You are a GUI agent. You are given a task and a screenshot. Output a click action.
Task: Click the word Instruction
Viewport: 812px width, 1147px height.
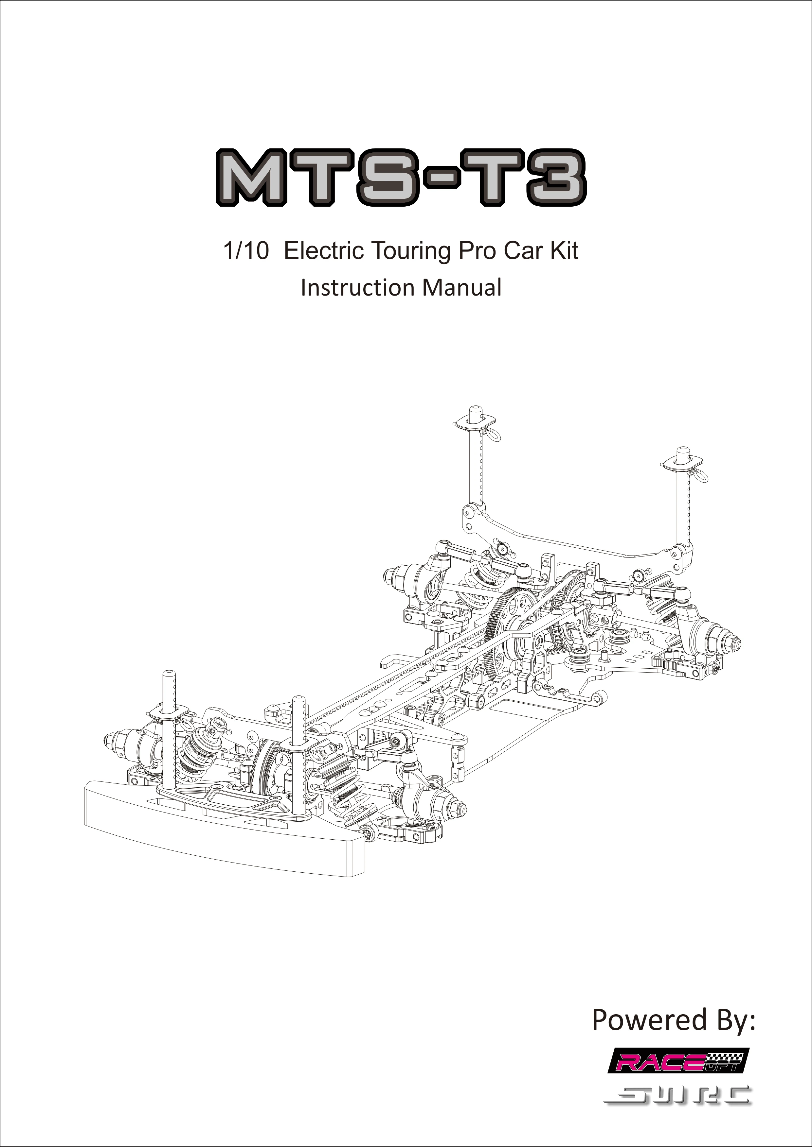click(357, 288)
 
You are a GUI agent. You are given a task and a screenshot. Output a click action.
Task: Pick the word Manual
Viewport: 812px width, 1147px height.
click(462, 288)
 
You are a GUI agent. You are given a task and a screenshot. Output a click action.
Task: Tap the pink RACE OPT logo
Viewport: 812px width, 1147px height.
click(678, 1062)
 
